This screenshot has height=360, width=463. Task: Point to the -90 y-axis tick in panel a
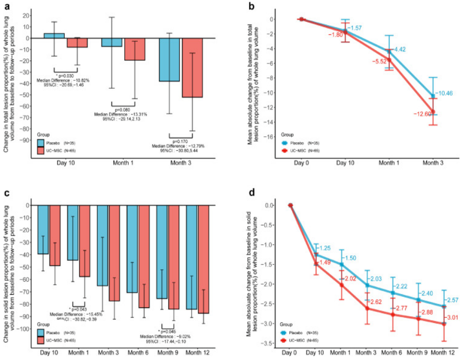[x=24, y=140]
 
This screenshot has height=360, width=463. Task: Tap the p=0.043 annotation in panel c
[x=79, y=310]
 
